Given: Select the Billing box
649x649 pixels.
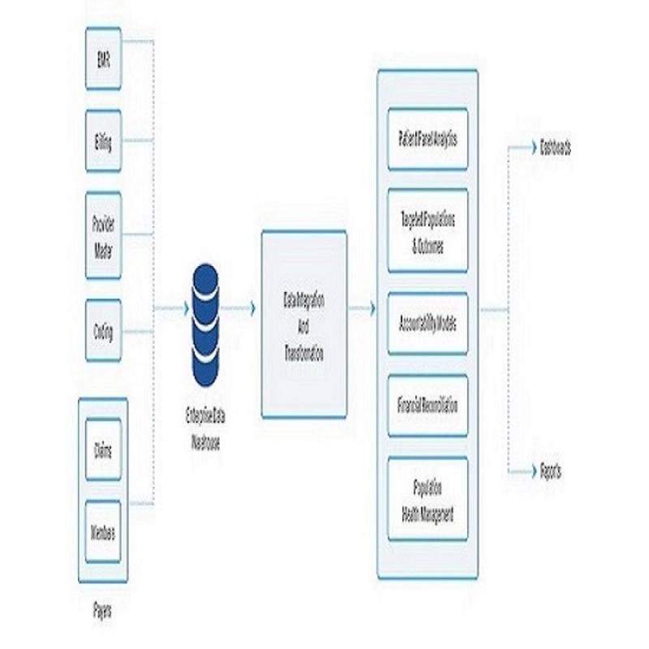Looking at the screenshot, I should [103, 140].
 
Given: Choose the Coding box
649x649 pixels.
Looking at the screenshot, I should [103, 329].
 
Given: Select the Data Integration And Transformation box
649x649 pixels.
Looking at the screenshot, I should [304, 323].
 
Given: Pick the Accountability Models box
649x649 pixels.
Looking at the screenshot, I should [428, 322].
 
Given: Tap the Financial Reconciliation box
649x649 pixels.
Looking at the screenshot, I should [428, 405].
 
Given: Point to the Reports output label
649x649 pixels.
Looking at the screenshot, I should [551, 471].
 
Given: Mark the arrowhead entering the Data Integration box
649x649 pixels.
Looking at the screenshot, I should [253, 309].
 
